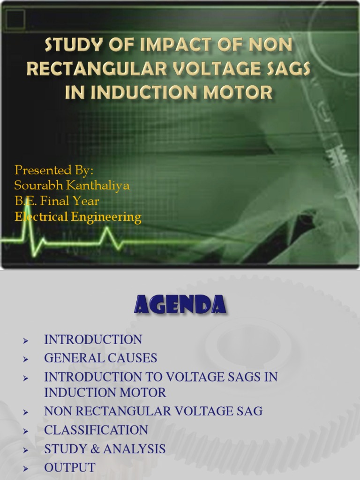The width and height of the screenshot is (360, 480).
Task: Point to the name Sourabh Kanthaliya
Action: pos(72,185)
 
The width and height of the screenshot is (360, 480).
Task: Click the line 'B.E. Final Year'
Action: pos(57,201)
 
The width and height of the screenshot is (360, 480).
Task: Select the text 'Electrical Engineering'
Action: pos(78,217)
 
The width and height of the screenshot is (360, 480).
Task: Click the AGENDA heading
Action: pos(180,305)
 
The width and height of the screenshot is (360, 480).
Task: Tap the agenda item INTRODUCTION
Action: pos(93,339)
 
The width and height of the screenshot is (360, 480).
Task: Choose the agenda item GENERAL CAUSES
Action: pos(100,358)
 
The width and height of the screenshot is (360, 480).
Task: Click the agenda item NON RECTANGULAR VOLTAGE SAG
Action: pos(153,412)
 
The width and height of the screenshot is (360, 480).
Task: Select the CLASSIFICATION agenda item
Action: pos(96,430)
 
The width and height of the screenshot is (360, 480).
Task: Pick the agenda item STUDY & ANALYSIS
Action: pos(105,449)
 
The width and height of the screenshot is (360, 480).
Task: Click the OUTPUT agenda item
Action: pos(69,468)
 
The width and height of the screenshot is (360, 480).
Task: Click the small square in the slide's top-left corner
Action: pos(15,20)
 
